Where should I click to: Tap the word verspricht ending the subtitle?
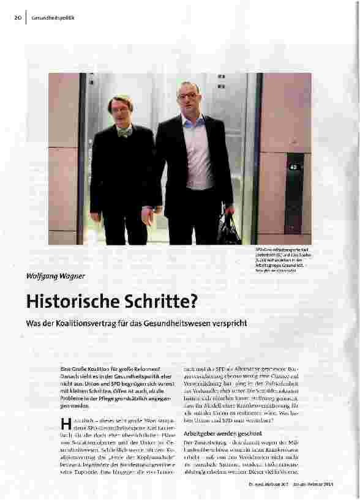click(x=230, y=323)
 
